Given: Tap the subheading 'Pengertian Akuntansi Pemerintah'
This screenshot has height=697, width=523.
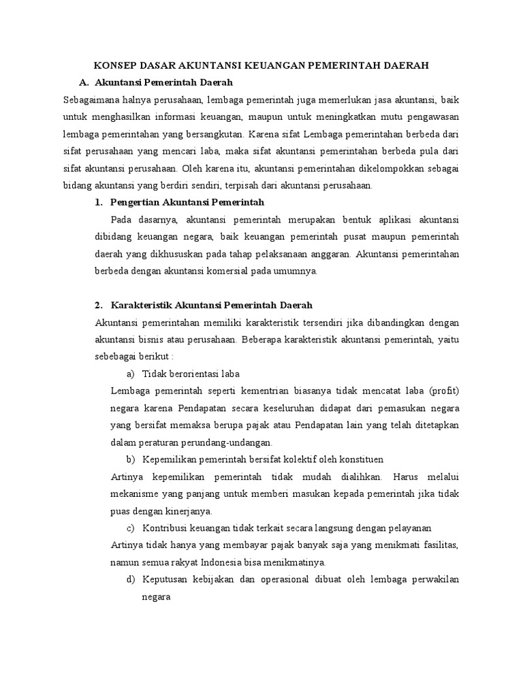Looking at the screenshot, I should [x=179, y=203].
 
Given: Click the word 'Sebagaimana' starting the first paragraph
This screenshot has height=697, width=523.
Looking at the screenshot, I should [x=89, y=99].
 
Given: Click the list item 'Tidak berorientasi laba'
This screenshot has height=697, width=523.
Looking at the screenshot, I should [x=191, y=374].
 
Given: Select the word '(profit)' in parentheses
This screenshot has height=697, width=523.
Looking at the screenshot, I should [x=443, y=391].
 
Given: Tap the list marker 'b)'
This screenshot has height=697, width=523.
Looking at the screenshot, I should [x=131, y=459].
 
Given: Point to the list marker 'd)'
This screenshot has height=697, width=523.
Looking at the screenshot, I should [x=131, y=579].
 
